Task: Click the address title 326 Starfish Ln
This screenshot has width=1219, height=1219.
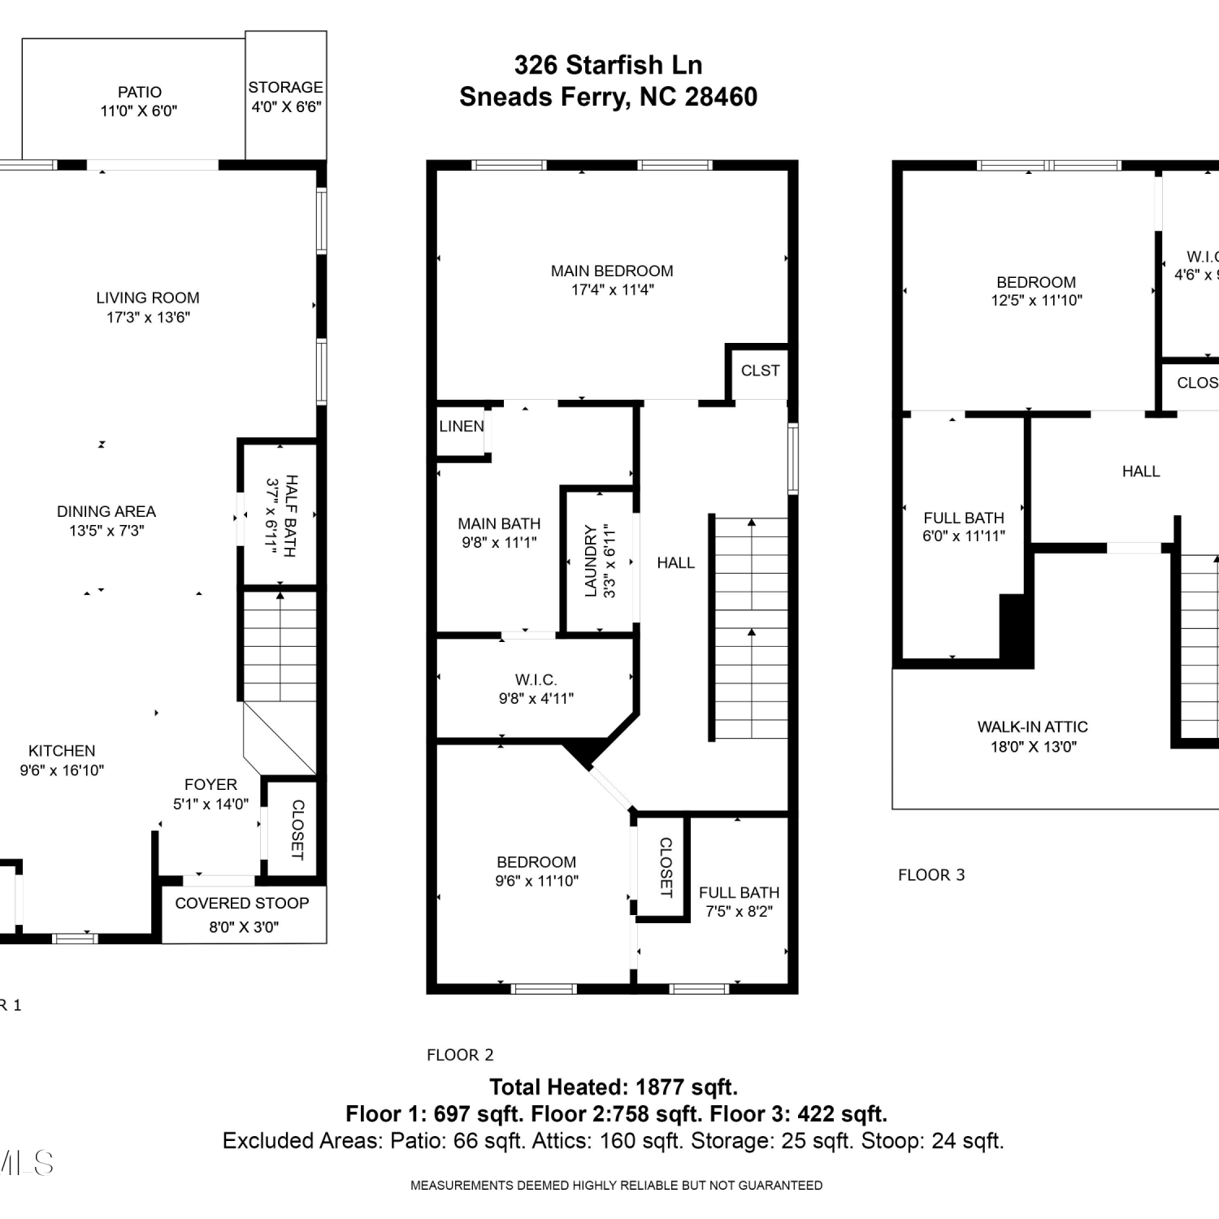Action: click(608, 65)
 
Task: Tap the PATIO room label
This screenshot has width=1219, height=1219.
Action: click(140, 92)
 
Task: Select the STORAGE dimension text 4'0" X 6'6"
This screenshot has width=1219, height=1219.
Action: click(286, 106)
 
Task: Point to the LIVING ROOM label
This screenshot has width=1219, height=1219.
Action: click(148, 298)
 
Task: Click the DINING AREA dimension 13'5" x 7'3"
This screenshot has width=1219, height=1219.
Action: click(106, 531)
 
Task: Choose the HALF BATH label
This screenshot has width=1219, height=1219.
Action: click(291, 516)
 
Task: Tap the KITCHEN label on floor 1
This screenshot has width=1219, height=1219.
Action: click(62, 751)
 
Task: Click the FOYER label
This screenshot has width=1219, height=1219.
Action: click(210, 784)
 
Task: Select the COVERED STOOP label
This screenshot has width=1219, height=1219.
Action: click(242, 903)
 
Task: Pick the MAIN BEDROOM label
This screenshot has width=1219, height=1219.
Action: click(612, 271)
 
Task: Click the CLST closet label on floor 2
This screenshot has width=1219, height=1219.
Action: click(760, 371)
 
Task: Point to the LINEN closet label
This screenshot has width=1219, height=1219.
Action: click(462, 426)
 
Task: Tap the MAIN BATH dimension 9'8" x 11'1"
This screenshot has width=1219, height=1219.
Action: click(499, 543)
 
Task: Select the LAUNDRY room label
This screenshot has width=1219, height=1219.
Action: click(591, 561)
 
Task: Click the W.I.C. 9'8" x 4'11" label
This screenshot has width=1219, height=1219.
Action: click(536, 688)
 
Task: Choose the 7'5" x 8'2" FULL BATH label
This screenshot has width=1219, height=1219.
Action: click(739, 902)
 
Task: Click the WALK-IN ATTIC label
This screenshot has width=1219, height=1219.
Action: click(1033, 727)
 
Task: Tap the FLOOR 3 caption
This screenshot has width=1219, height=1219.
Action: click(931, 874)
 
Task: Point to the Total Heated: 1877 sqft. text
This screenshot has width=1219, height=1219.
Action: click(614, 1087)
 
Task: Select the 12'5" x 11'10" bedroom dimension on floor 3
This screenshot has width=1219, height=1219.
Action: click(1036, 301)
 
